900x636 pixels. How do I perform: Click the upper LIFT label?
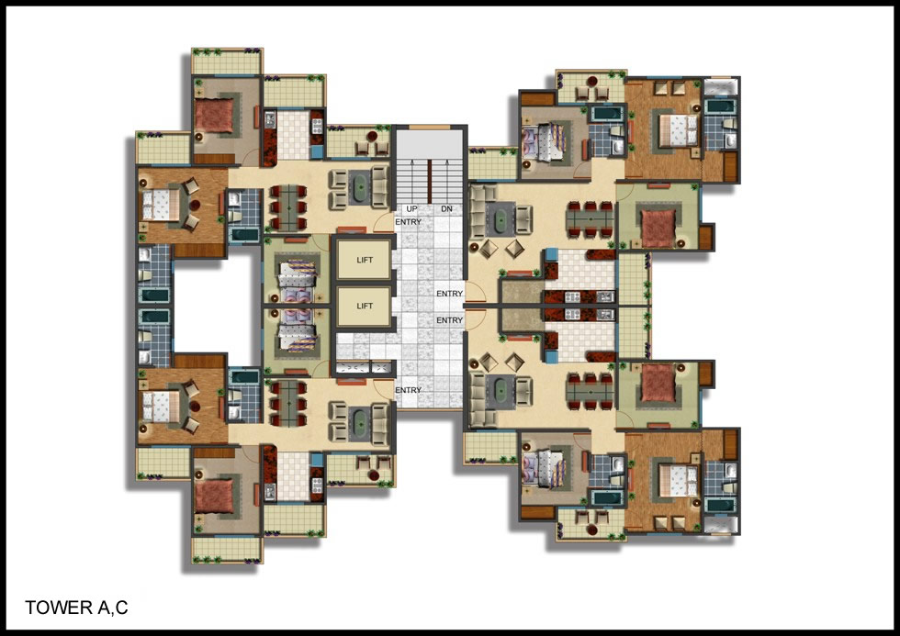click(x=365, y=260)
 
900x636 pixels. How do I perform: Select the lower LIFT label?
click(x=365, y=306)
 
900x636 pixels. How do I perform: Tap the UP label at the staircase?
click(x=411, y=208)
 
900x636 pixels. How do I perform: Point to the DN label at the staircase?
click(x=446, y=208)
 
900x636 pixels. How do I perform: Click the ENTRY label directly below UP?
click(x=408, y=222)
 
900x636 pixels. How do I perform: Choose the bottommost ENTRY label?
click(x=408, y=390)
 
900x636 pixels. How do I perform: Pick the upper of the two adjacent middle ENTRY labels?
click(x=449, y=294)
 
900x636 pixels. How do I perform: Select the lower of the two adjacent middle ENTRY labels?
click(x=449, y=320)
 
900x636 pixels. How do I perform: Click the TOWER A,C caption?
click(x=76, y=608)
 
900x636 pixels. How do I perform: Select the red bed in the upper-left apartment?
click(x=214, y=116)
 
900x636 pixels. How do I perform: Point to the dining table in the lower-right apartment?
click(x=590, y=391)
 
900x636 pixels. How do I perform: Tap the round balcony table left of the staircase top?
click(x=372, y=137)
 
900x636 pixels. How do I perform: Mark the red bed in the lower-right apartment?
click(x=658, y=383)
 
